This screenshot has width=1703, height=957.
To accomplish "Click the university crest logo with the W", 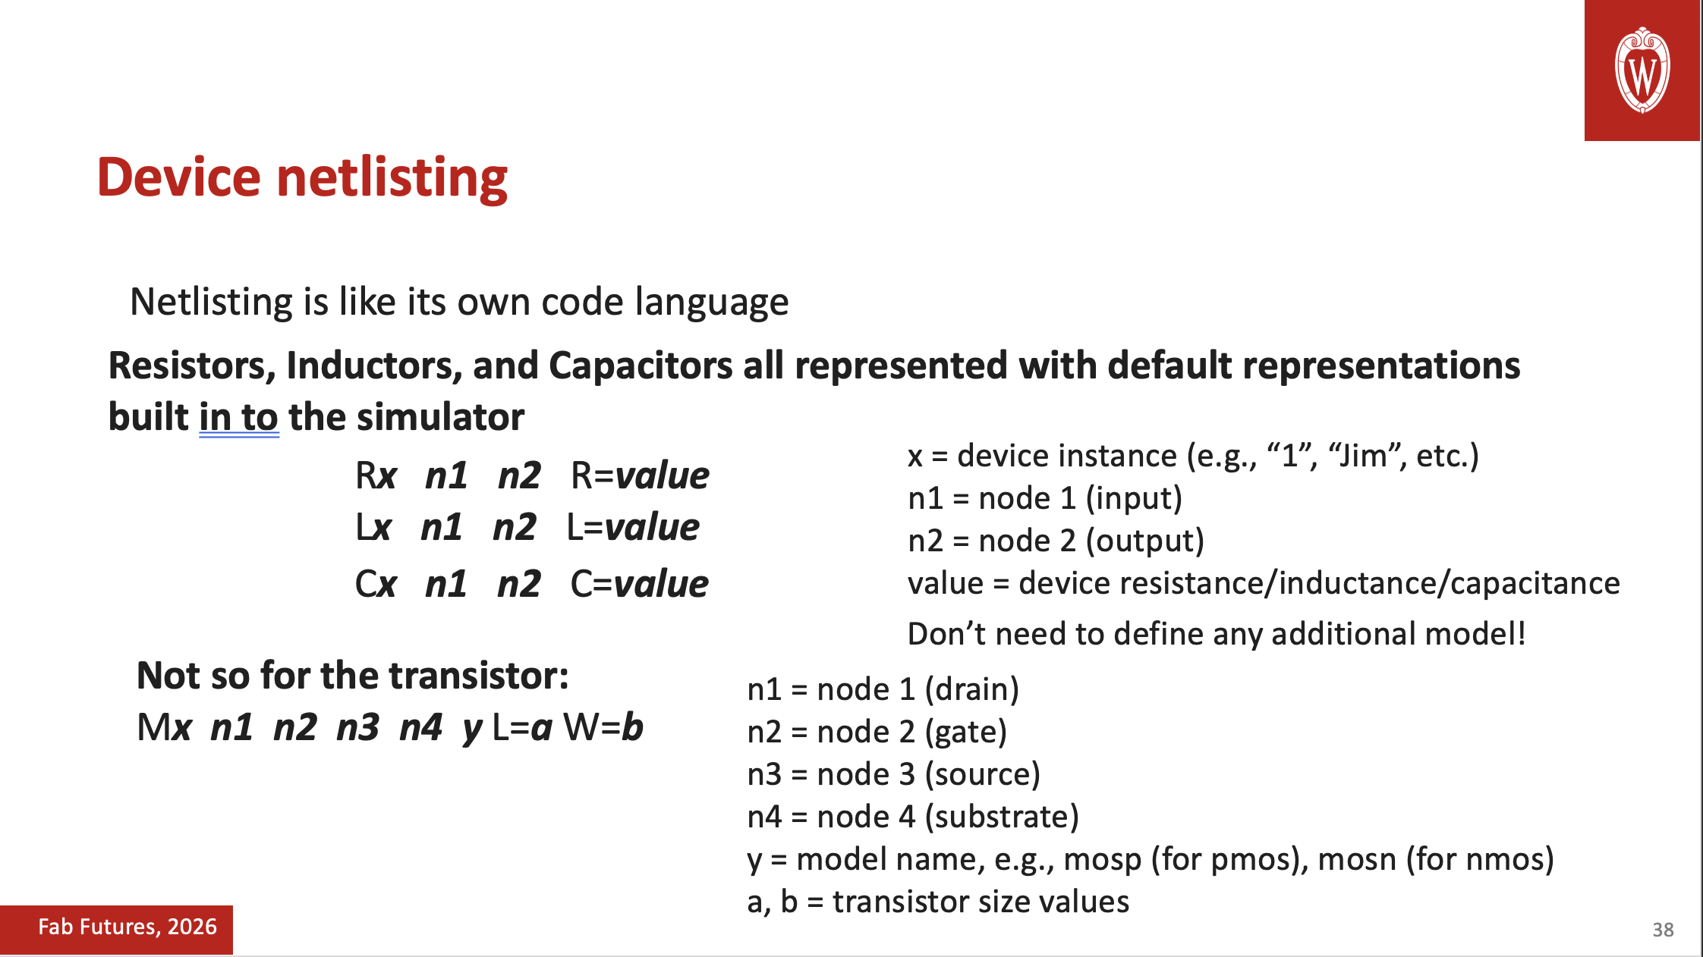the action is pyautogui.click(x=1642, y=71).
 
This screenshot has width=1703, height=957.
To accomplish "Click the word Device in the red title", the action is pyautogui.click(x=179, y=177).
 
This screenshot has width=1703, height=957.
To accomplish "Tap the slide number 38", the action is pyautogui.click(x=1663, y=930).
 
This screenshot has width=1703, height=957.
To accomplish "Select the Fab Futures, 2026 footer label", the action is pyautogui.click(x=127, y=927).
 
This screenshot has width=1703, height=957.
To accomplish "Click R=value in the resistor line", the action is pyautogui.click(x=640, y=476).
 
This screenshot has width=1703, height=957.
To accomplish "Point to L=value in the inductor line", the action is pyautogui.click(x=633, y=527).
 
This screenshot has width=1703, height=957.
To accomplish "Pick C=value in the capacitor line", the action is pyautogui.click(x=639, y=585).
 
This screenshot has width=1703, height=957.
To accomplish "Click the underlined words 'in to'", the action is pyautogui.click(x=239, y=417).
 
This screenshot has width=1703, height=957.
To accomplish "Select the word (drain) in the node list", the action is pyautogui.click(x=972, y=689).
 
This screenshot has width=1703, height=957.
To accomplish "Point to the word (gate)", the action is pyautogui.click(x=966, y=733).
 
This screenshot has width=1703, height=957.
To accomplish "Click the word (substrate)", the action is pyautogui.click(x=1002, y=817).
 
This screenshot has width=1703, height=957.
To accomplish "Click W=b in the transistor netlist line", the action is pyautogui.click(x=603, y=727).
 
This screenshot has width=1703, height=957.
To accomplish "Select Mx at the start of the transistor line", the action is pyautogui.click(x=164, y=727).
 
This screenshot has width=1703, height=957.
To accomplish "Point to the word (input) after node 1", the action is pyautogui.click(x=1134, y=499).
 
